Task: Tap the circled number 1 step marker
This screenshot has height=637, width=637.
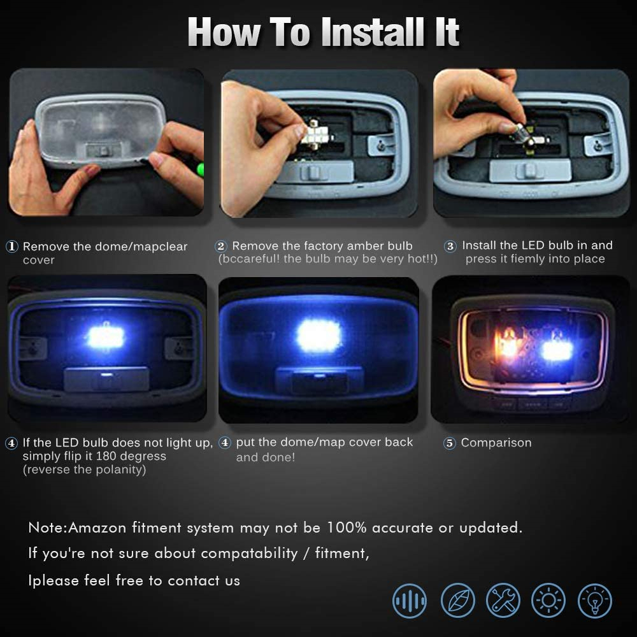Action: [11, 246]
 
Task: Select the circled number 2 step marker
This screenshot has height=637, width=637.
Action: [221, 246]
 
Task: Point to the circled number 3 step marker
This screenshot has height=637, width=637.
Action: [450, 246]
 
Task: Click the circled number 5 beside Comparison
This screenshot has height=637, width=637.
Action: [449, 443]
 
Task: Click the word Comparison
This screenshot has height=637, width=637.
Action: [496, 443]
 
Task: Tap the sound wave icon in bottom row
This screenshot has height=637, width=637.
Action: [410, 601]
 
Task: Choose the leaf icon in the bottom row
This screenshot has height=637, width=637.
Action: [458, 601]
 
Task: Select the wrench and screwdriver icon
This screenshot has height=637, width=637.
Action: [503, 601]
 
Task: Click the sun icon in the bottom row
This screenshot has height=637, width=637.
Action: [548, 601]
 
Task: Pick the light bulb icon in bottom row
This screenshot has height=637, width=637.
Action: [595, 601]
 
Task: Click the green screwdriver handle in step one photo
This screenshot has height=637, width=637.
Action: [201, 169]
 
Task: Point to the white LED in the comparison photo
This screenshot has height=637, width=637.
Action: [557, 350]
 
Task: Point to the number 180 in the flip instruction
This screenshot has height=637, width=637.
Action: [106, 456]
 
